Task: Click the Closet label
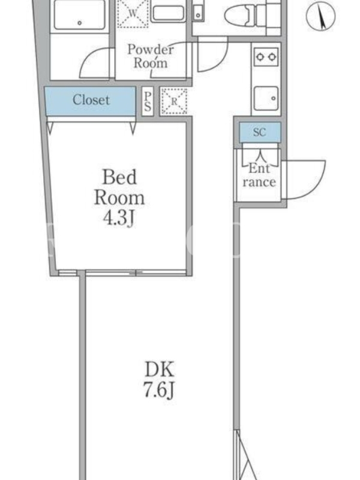point(91,100)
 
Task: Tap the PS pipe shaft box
point(148,101)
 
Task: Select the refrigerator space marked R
point(174,101)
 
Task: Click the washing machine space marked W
point(133,13)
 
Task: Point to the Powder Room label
point(151,56)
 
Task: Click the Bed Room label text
point(119,187)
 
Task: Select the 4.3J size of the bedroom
point(119,218)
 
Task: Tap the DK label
point(160,369)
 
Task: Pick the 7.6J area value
point(159,390)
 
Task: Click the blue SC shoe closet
point(260,132)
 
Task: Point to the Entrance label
point(259,175)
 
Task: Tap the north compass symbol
point(320,16)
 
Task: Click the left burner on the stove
point(260,57)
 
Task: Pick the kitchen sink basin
point(266,98)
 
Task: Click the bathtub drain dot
point(80,23)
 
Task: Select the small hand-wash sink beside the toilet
point(199,12)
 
